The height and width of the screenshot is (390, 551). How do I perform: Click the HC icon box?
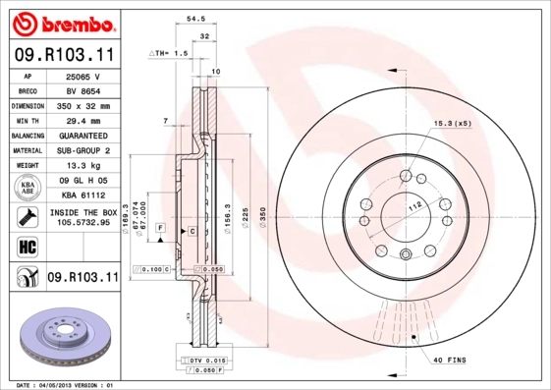(27, 246)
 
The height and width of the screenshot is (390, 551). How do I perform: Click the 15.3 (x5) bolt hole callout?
(452, 123)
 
